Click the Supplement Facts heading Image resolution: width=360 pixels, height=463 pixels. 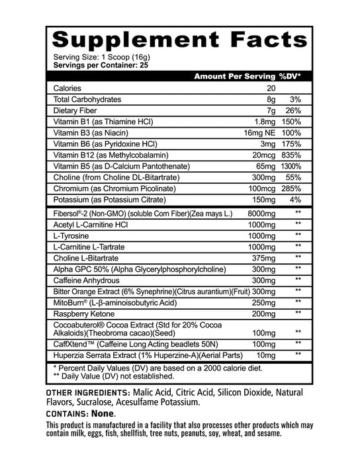coord(179,40)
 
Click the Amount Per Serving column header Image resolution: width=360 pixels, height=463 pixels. coord(234,76)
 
